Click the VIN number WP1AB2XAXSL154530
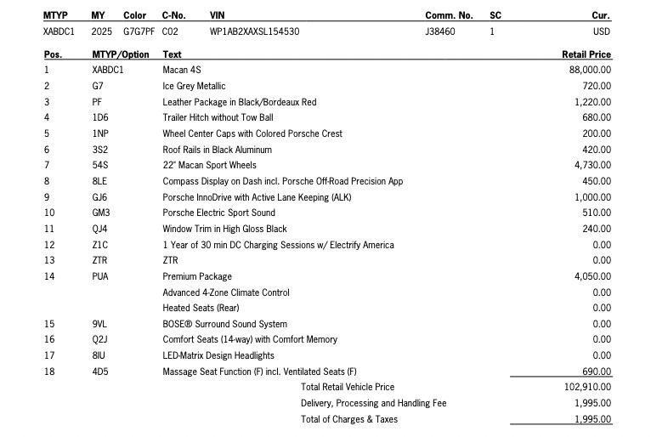tap(254, 32)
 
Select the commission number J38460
tap(439, 32)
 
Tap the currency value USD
tap(601, 32)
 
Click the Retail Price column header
tap(586, 54)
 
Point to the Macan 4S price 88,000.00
tap(590, 70)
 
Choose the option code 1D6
tap(100, 117)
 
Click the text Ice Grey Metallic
tap(194, 86)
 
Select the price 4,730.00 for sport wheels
tap(592, 165)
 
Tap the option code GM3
tap(101, 213)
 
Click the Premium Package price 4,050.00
tap(592, 276)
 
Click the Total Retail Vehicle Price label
tap(348, 387)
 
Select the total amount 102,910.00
tap(587, 387)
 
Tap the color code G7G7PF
tap(139, 32)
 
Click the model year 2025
tap(101, 32)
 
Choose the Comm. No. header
tap(449, 15)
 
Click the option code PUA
tap(100, 276)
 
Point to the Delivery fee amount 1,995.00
tap(592, 403)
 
